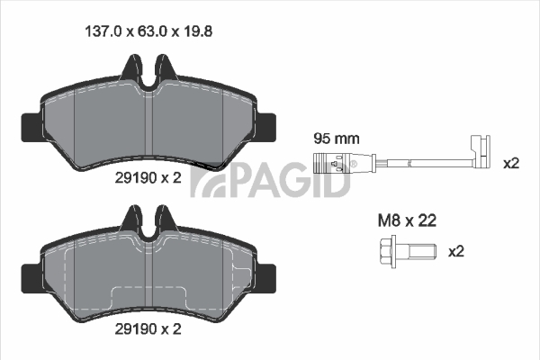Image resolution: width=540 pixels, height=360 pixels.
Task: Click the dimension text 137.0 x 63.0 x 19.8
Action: pyautogui.click(x=148, y=31)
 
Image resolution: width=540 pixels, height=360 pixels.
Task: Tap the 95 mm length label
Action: pyautogui.click(x=337, y=139)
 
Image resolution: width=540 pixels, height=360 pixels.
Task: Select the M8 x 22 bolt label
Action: pyautogui.click(x=407, y=220)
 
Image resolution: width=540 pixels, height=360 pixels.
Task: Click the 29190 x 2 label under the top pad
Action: pyautogui.click(x=148, y=178)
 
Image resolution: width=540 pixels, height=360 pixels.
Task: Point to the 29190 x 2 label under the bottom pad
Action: pyautogui.click(x=148, y=329)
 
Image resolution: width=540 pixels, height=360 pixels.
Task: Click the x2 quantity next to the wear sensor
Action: pyautogui.click(x=511, y=163)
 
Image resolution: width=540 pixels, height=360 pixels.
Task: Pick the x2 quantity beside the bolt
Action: pyautogui.click(x=456, y=251)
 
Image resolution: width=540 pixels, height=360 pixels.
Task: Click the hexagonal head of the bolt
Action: pyautogui.click(x=387, y=251)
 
